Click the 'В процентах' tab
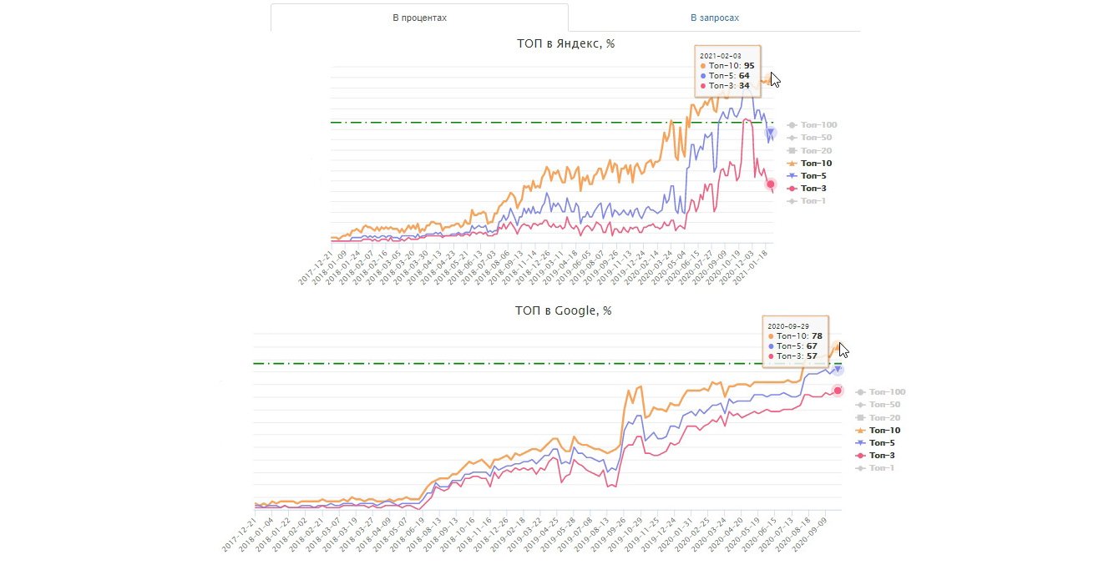point(419,18)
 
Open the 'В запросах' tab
point(714,18)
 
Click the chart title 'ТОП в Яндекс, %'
point(565,43)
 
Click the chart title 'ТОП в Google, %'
point(563,310)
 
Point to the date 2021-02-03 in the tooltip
point(720,55)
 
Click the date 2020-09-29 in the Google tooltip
point(787,325)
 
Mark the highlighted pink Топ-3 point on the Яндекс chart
point(771,184)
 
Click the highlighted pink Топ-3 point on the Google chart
point(838,391)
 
